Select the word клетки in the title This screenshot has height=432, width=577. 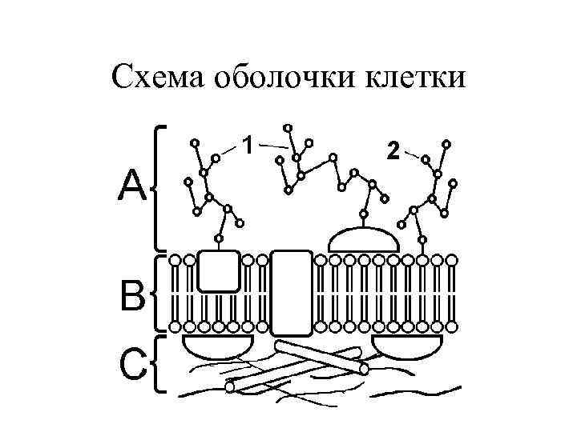point(414,78)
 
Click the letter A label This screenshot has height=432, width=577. point(133,189)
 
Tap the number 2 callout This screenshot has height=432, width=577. point(392,150)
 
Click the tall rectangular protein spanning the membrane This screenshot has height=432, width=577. point(291,292)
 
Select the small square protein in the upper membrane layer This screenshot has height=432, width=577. point(218,270)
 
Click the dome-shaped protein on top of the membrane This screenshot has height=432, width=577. point(364,239)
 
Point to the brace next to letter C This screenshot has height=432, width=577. point(155,365)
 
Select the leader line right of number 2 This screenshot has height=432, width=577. point(412,154)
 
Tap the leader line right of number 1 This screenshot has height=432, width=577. point(274,146)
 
